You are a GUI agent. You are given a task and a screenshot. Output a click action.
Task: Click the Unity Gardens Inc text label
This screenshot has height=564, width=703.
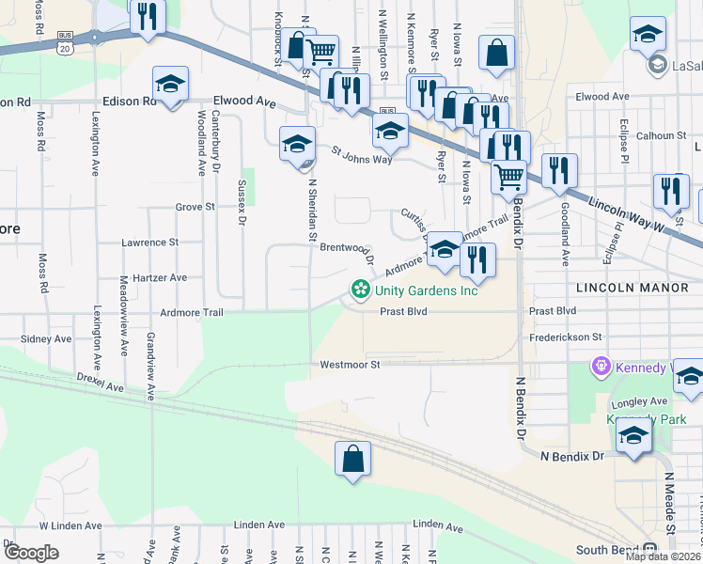coord(427,290)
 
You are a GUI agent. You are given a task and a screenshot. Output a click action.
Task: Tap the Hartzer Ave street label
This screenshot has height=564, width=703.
coord(161,278)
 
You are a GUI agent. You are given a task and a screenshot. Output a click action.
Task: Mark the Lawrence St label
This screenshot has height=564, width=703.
coord(150,243)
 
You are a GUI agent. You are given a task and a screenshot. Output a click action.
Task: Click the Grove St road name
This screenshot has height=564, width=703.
coord(195,207)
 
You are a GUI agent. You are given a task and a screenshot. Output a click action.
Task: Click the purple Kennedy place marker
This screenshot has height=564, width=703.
coord(601,365)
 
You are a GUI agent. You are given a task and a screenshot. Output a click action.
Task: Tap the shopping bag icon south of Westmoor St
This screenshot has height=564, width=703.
coord(352,460)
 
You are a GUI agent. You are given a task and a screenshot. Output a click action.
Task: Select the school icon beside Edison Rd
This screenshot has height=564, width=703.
coord(170,85)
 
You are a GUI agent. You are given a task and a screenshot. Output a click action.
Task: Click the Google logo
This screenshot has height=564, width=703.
coord(31,553)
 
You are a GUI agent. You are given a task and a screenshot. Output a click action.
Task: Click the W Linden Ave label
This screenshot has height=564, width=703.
coord(69,525)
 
